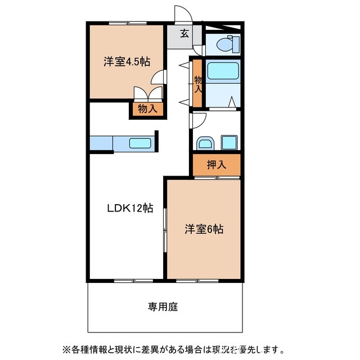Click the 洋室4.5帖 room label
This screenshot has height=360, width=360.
[x=127, y=62]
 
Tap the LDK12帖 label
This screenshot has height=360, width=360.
[x=130, y=208]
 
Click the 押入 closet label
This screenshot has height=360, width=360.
[x=217, y=165]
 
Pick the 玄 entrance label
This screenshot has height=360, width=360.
[x=184, y=33]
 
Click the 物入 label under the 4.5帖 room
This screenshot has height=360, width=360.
[x=148, y=109]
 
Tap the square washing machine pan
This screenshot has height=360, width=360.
[x=229, y=142]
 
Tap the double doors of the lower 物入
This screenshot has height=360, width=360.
[x=148, y=94]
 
